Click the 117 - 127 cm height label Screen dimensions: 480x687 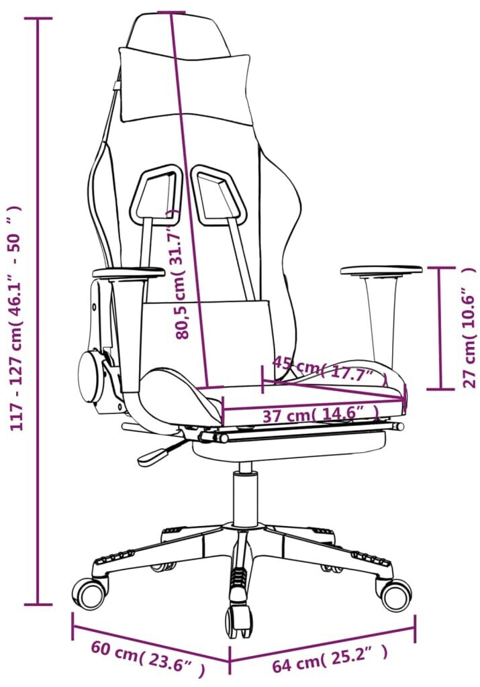pyautogui.click(x=16, y=317)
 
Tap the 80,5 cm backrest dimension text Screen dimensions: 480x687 pyautogui.click(x=180, y=274)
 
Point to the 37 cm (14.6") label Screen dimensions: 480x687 pyautogui.click(x=320, y=413)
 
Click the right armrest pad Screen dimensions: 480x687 pyautogui.click(x=381, y=270)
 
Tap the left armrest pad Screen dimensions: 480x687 pyautogui.click(x=128, y=274)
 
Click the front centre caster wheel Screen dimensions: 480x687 pyautogui.click(x=239, y=618)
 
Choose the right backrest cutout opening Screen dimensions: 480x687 pyautogui.click(x=219, y=193)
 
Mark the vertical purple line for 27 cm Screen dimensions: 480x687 pyautogui.click(x=440, y=327)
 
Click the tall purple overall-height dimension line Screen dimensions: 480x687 pyautogui.click(x=38, y=312)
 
